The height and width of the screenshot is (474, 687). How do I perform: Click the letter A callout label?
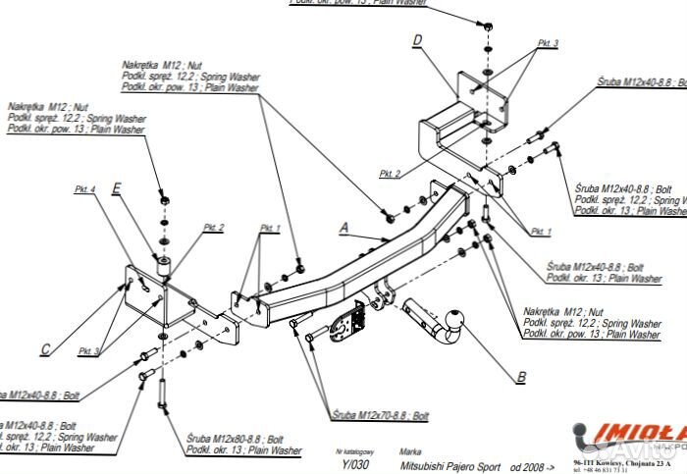pos(344,228)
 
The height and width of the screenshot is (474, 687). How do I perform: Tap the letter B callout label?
pos(521,375)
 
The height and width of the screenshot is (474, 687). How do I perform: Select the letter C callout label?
pos(45,347)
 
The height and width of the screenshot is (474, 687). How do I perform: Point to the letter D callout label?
pos(417,40)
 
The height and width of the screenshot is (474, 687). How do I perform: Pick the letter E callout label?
pos(117,187)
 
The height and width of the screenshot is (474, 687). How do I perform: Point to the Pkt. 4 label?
pos(85,188)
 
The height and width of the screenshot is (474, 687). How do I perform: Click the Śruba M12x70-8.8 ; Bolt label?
pos(379,416)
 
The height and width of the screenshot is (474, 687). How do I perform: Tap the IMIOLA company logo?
pos(628,431)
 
